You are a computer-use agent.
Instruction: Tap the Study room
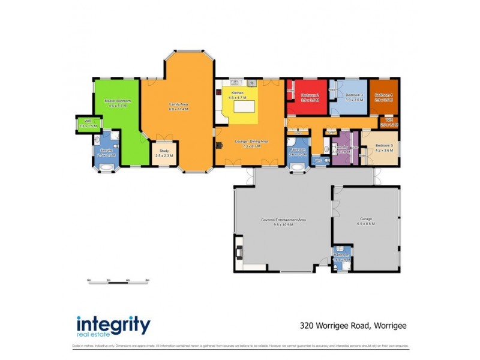[164, 154]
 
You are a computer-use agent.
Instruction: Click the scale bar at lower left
[118, 280]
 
